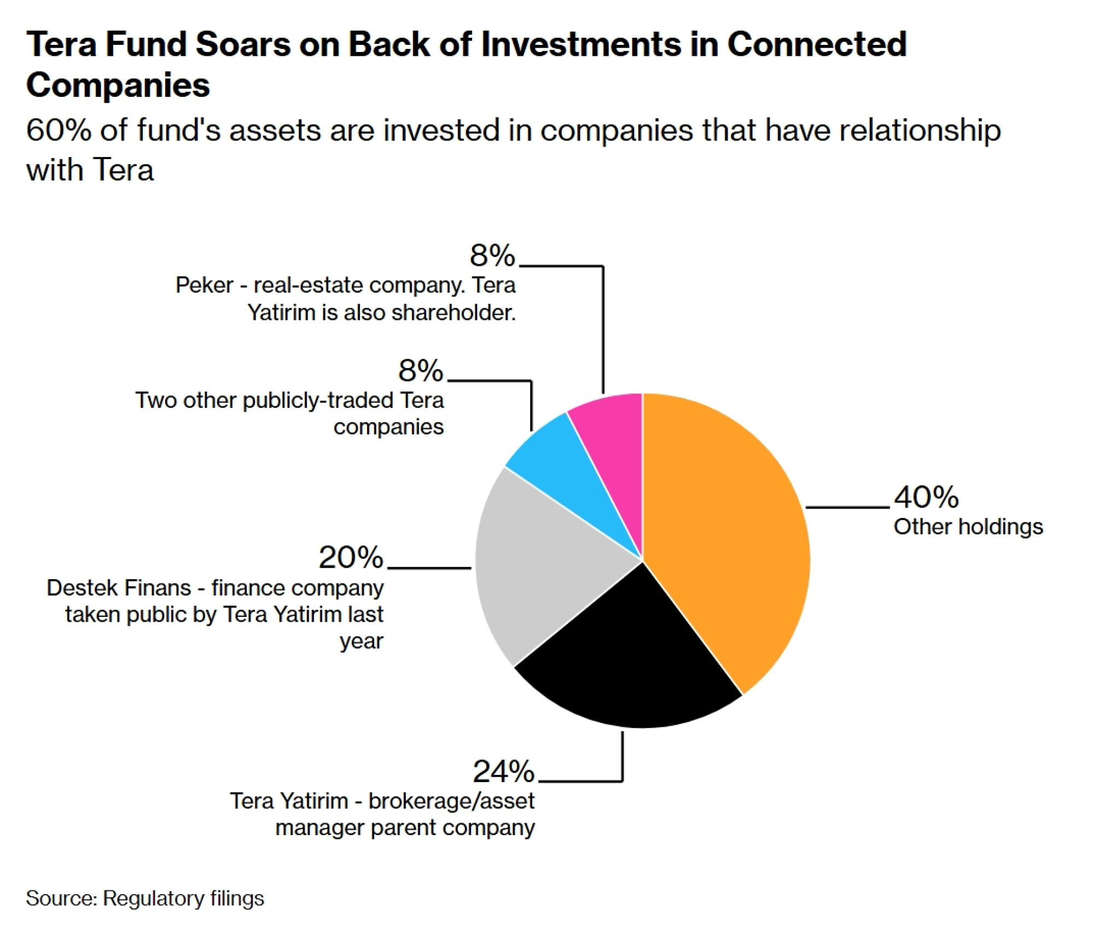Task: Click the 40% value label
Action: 926,497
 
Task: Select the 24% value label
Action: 503,771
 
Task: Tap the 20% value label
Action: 351,557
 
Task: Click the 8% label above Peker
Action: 492,255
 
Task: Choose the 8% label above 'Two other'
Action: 420,371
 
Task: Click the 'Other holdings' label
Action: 968,527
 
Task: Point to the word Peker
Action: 204,285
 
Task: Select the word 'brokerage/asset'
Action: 451,801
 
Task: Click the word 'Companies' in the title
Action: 118,85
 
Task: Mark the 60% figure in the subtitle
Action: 59,131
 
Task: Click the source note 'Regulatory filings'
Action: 183,898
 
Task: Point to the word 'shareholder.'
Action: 453,313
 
